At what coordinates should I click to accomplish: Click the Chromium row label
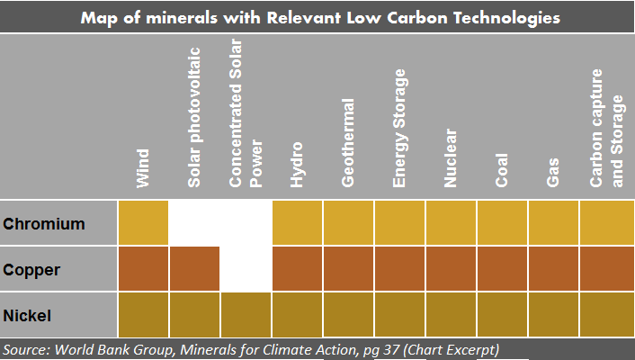[x=44, y=224]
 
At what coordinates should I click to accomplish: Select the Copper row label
[x=31, y=270]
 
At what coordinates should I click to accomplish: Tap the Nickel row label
[x=27, y=316]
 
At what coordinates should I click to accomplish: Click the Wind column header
[x=143, y=168]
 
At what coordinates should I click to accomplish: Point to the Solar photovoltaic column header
[x=194, y=118]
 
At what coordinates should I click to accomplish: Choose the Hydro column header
[x=297, y=165]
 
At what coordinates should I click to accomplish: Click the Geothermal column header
[x=348, y=143]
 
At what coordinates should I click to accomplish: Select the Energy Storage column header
[x=399, y=128]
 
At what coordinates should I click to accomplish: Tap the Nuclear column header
[x=451, y=158]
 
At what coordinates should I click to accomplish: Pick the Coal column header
[x=501, y=170]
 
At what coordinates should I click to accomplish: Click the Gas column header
[x=553, y=173]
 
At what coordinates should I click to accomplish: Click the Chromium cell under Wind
[x=143, y=222]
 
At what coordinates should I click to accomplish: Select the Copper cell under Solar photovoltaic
[x=194, y=268]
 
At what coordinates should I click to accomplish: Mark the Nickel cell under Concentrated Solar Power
[x=246, y=315]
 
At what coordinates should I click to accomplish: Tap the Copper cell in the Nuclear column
[x=451, y=268]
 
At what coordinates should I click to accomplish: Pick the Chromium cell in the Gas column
[x=553, y=222]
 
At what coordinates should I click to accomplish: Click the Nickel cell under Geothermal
[x=348, y=315]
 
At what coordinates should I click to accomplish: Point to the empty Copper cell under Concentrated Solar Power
[x=246, y=268]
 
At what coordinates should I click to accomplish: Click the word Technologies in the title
[x=506, y=18]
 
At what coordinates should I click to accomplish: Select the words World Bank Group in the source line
[x=114, y=349]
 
